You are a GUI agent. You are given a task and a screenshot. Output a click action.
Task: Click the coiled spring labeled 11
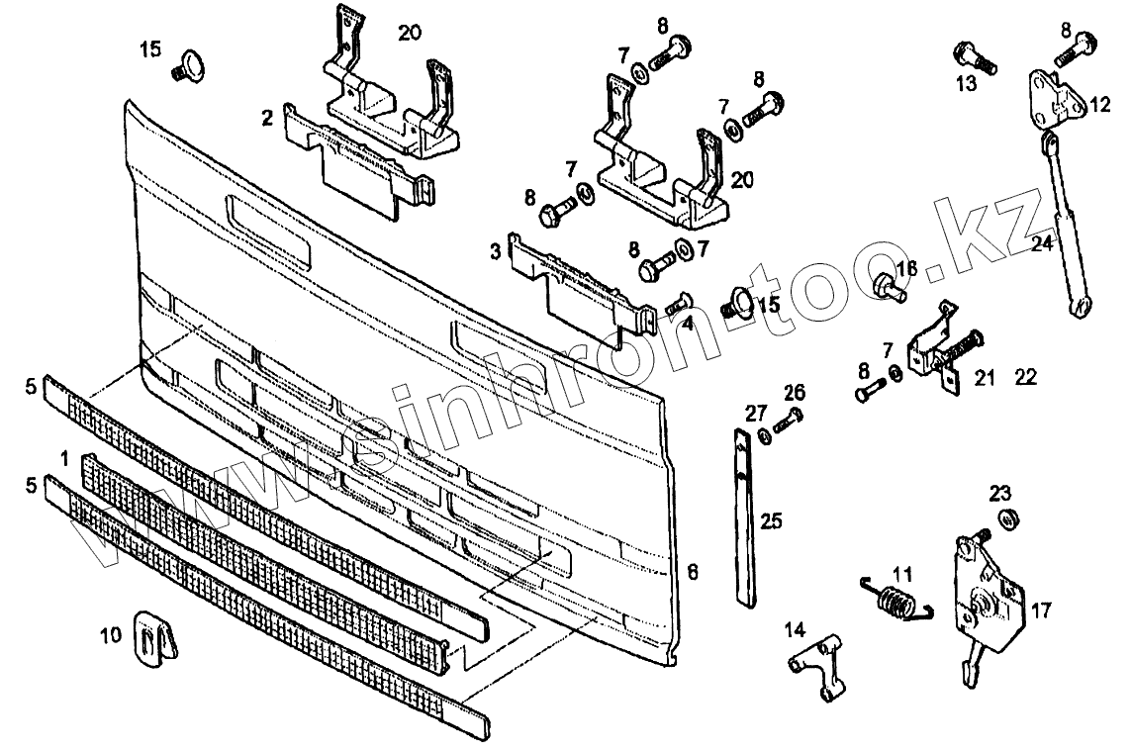pos(895,600)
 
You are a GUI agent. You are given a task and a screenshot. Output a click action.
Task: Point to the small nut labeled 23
pos(1009,518)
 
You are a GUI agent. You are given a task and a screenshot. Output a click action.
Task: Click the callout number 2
pos(267,120)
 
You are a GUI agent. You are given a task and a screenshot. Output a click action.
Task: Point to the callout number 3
pos(495,251)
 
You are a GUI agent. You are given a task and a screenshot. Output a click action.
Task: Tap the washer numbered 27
pos(765,435)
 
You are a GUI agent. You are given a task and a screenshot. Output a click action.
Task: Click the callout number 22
pos(1025,378)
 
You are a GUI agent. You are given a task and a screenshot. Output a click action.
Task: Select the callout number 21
pos(984,378)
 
